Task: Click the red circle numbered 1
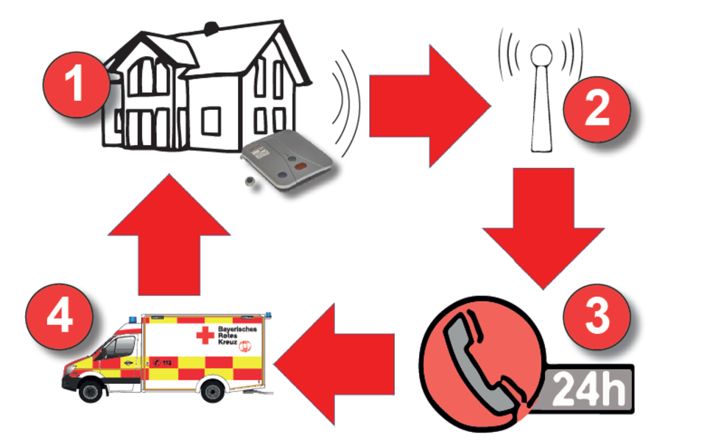pyautogui.click(x=76, y=85)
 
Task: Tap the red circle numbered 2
pyautogui.click(x=597, y=109)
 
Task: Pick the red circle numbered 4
pyautogui.click(x=59, y=316)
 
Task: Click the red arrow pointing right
pyautogui.click(x=429, y=106)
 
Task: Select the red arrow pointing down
pyautogui.click(x=544, y=228)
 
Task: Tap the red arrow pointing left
pyautogui.click(x=334, y=364)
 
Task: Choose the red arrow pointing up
pyautogui.click(x=169, y=234)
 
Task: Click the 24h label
pyautogui.click(x=589, y=388)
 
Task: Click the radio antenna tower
pyautogui.click(x=541, y=98)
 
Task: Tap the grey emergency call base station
pyautogui.click(x=287, y=159)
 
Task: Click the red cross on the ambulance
pyautogui.click(x=205, y=335)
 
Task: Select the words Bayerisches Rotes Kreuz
pyautogui.click(x=237, y=335)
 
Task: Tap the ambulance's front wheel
pyautogui.click(x=91, y=390)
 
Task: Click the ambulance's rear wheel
pyautogui.click(x=213, y=390)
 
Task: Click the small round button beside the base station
pyautogui.click(x=250, y=181)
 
